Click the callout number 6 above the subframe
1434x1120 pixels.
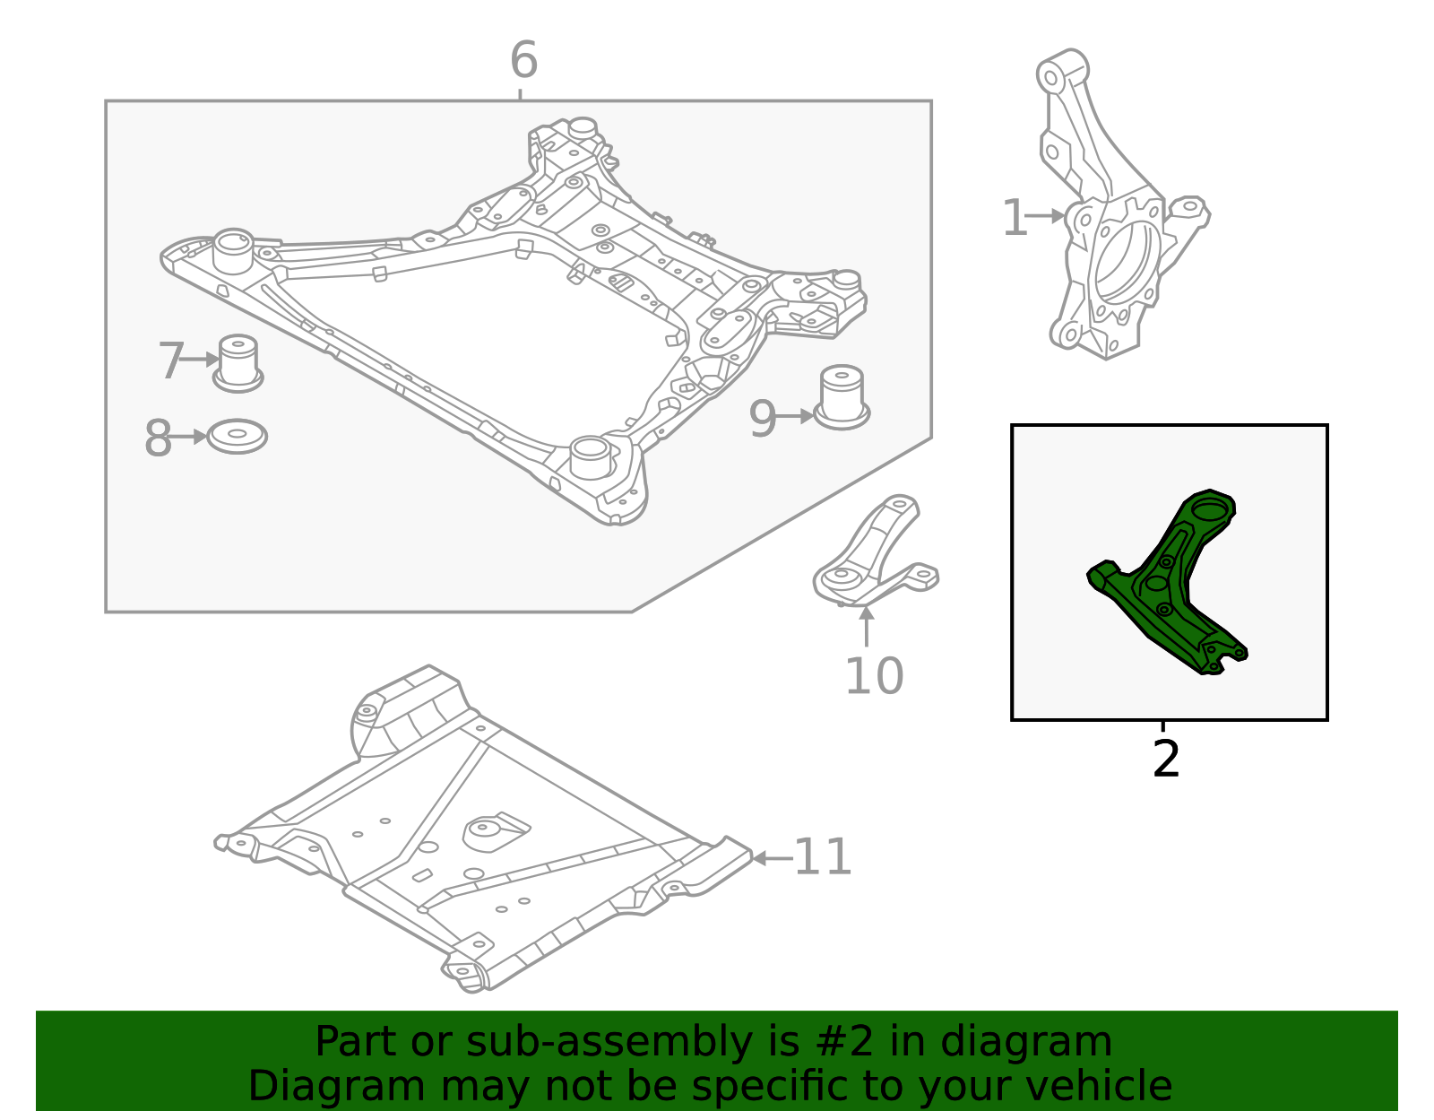523,61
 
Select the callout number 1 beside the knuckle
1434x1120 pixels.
1014,219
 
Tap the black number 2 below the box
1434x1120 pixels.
1165,760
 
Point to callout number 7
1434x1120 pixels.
170,361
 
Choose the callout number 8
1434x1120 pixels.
158,439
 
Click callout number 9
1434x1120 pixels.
762,419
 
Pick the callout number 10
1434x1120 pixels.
874,676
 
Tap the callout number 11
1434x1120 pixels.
823,857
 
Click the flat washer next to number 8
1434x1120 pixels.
238,436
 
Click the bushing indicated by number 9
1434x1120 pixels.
842,396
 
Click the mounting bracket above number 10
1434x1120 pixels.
874,556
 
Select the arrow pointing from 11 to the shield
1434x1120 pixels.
771,858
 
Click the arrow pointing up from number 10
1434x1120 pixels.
867,626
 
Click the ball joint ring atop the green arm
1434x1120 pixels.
1211,508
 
